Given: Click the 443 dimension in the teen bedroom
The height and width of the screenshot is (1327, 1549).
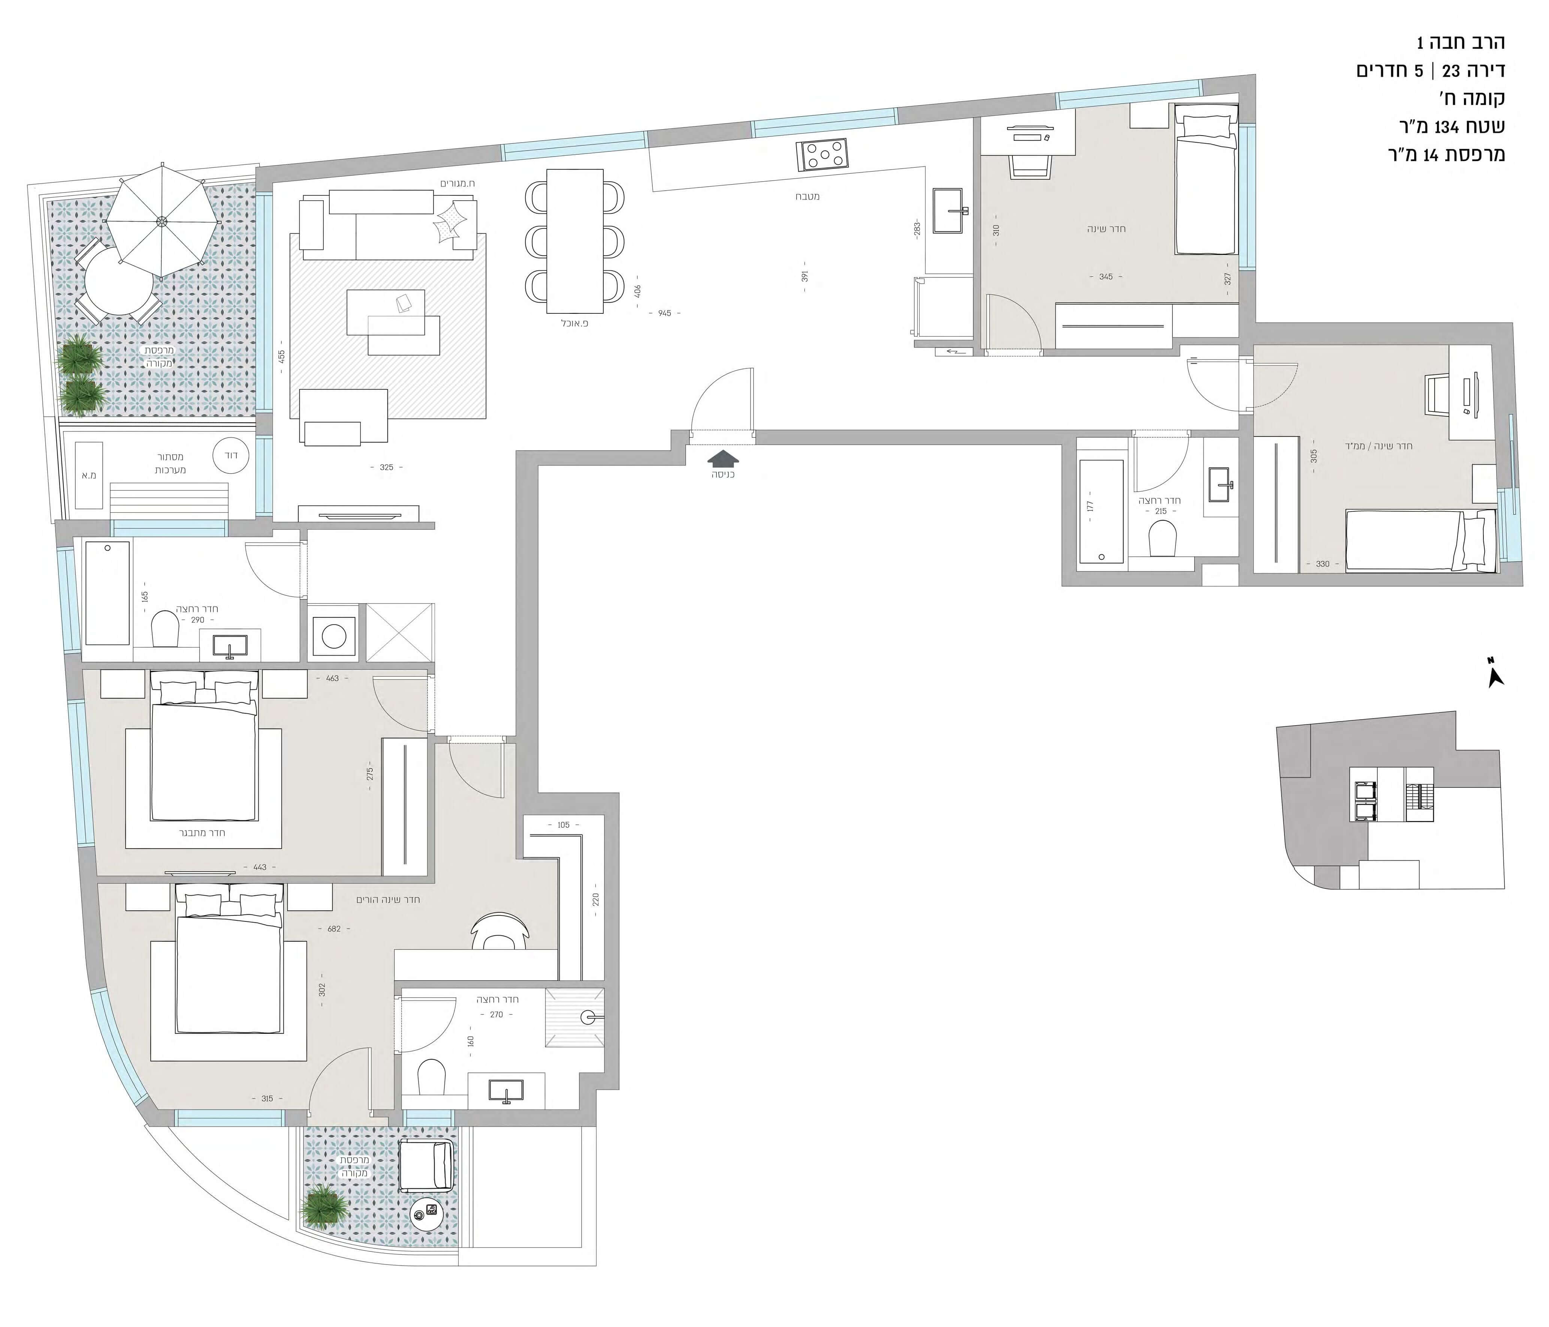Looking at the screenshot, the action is [x=259, y=868].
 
